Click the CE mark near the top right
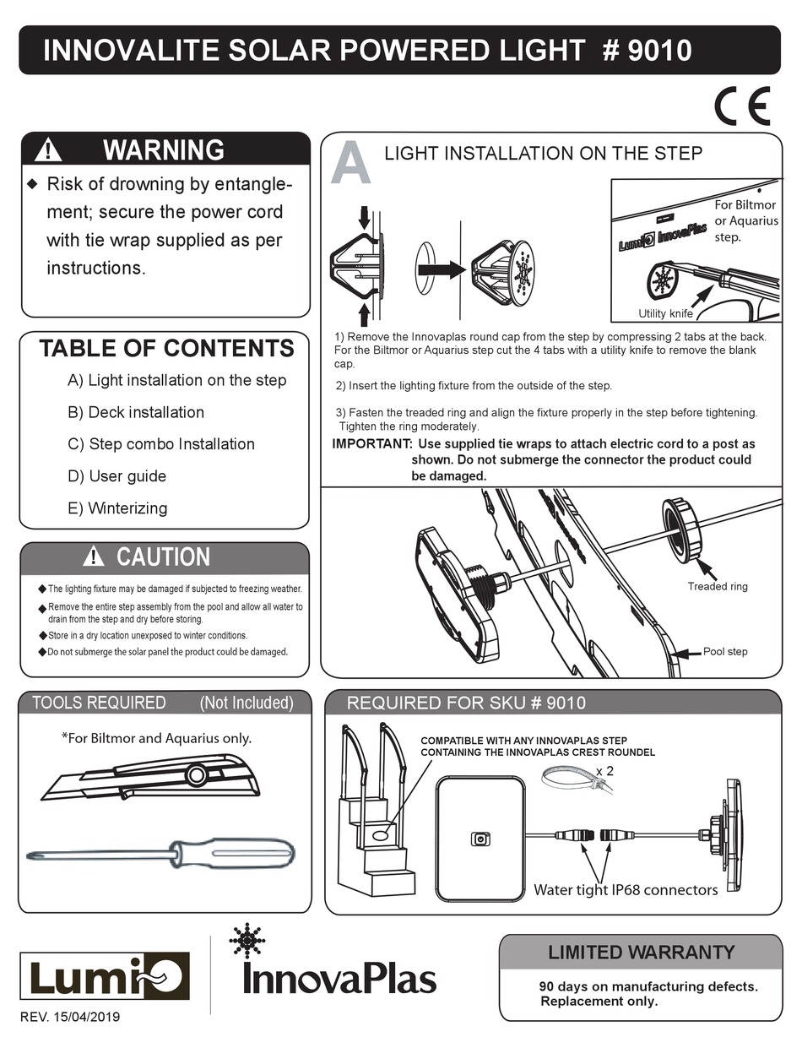coord(742,106)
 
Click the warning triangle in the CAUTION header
coord(93,557)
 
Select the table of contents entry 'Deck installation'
coord(136,412)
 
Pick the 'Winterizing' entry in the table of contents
coord(117,508)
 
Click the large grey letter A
coord(351,163)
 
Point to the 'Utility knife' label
coord(665,313)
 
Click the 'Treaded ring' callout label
coord(718,586)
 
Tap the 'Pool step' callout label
coord(725,652)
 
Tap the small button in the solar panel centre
coord(480,839)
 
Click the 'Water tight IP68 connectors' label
coord(626,890)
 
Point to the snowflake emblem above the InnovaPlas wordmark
coord(247,941)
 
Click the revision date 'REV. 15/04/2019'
coord(70,1017)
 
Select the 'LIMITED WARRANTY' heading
coord(641,952)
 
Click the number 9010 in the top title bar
coord(660,51)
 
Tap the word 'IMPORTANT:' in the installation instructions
coord(372,443)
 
